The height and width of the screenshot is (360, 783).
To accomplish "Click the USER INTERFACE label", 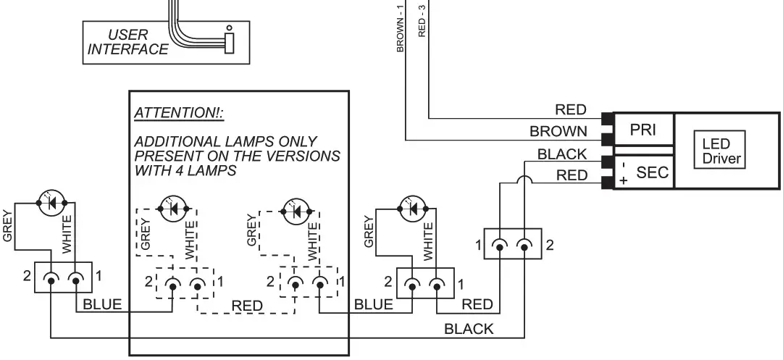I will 127,42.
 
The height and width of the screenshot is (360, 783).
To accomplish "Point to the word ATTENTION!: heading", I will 180,114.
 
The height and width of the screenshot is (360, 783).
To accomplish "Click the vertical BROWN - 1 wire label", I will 399,28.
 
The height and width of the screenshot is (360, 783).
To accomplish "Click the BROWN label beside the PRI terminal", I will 558,131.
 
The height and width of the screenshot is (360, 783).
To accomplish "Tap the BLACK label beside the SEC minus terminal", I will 561,154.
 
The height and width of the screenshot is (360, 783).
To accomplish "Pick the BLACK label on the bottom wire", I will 468,329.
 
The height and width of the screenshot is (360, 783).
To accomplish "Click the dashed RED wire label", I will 247,306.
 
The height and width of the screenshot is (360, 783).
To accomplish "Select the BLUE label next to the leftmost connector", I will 102,304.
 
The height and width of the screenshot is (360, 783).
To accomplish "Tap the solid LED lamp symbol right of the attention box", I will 414,208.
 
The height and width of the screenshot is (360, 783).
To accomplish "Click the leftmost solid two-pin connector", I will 62,278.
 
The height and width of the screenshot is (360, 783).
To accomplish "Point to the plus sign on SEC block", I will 621,180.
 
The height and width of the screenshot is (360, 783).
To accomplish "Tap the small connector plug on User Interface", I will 229,41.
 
